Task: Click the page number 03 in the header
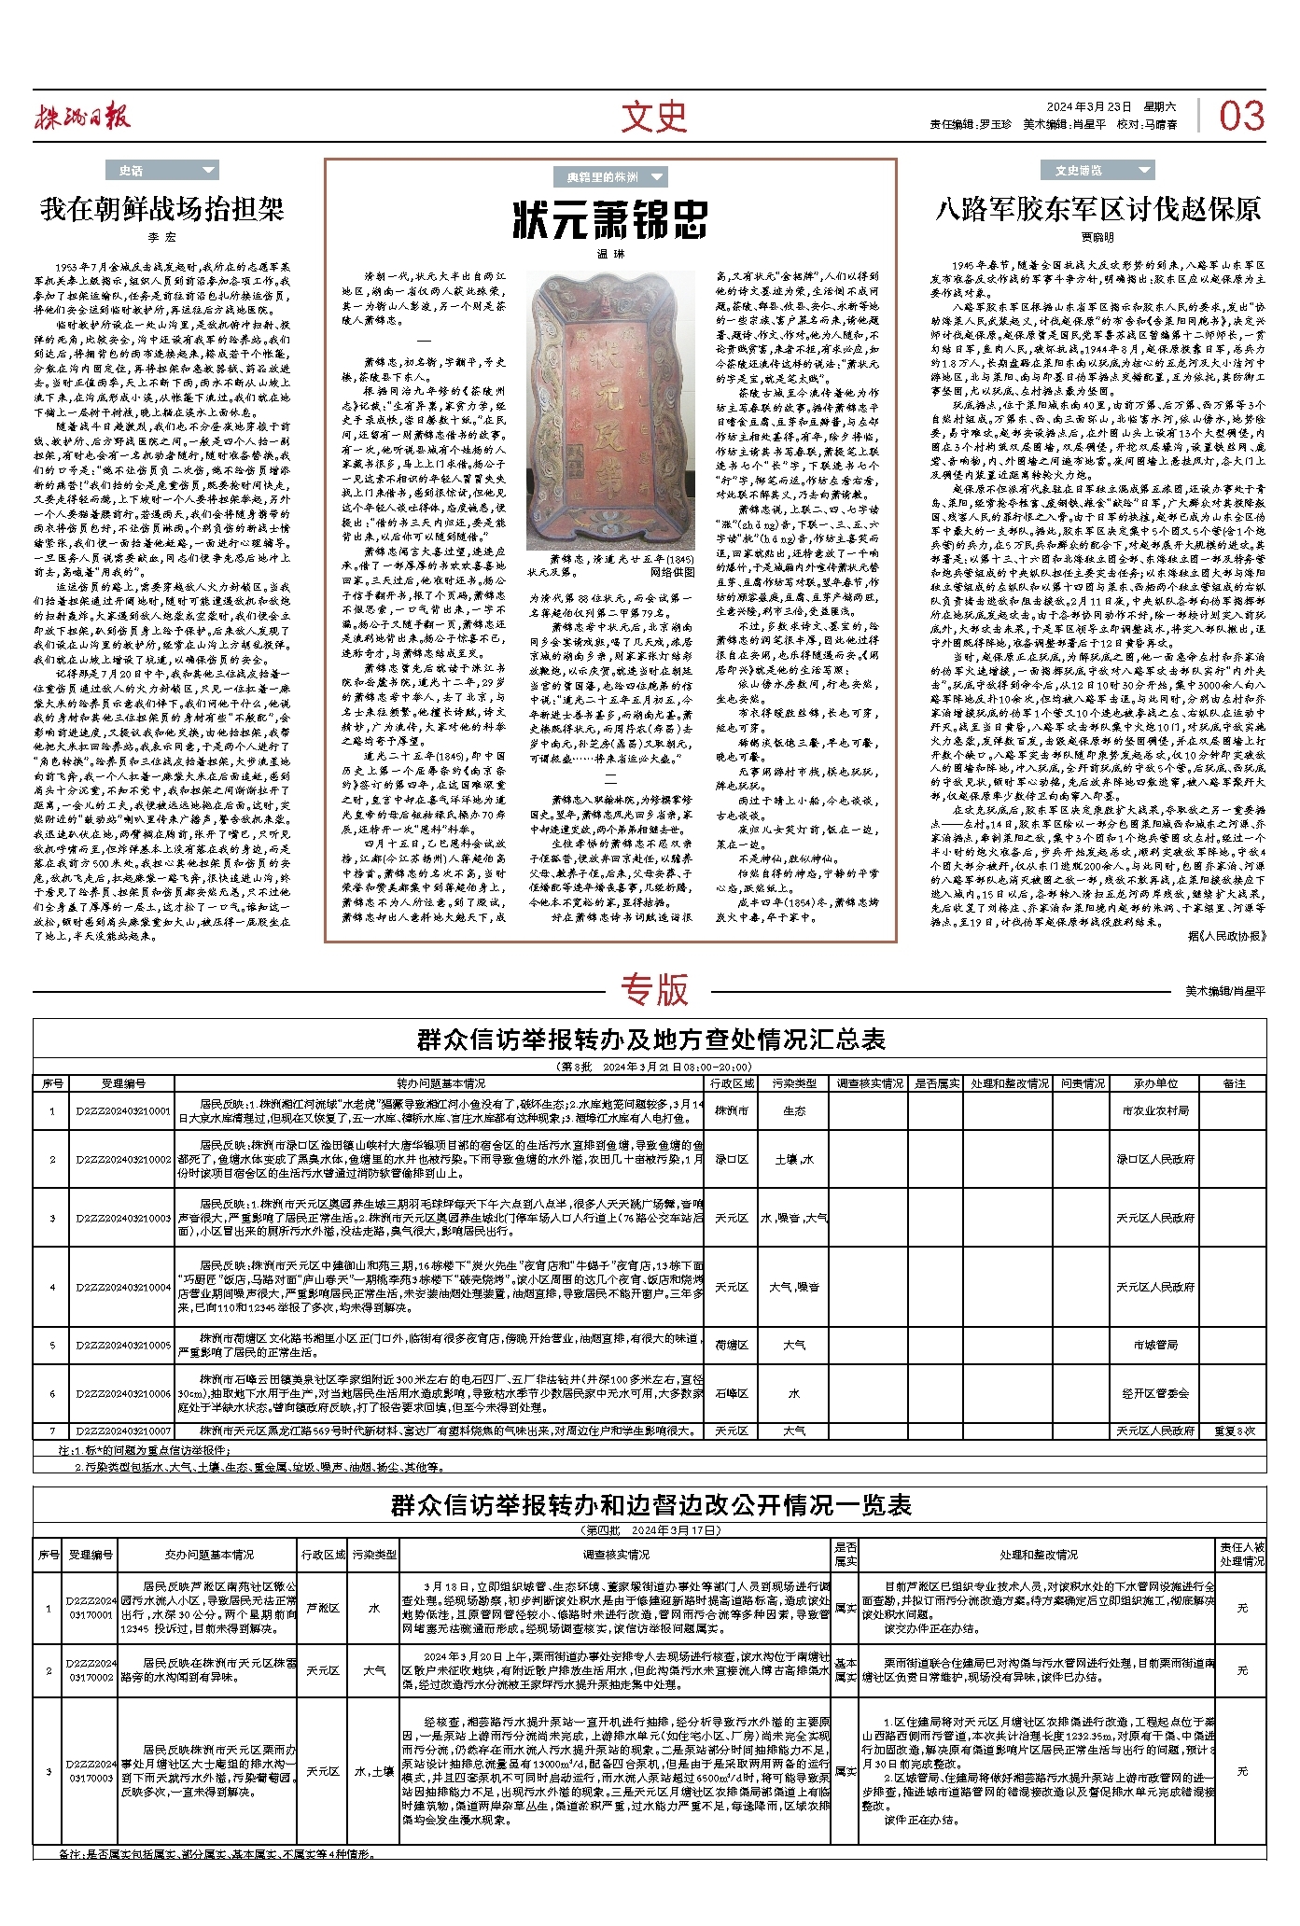(x=1241, y=116)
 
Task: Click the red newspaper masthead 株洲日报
(x=82, y=117)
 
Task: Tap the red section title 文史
(x=653, y=116)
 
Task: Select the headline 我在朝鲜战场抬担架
(x=161, y=209)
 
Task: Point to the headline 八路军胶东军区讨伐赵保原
(x=1097, y=209)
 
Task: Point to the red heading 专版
(x=654, y=990)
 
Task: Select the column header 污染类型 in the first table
(x=793, y=1083)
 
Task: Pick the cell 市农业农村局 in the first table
(x=1155, y=1110)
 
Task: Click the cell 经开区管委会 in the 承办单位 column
(x=1155, y=1393)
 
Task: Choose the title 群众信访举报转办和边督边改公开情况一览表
(x=650, y=1505)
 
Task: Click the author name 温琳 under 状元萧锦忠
(x=610, y=253)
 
